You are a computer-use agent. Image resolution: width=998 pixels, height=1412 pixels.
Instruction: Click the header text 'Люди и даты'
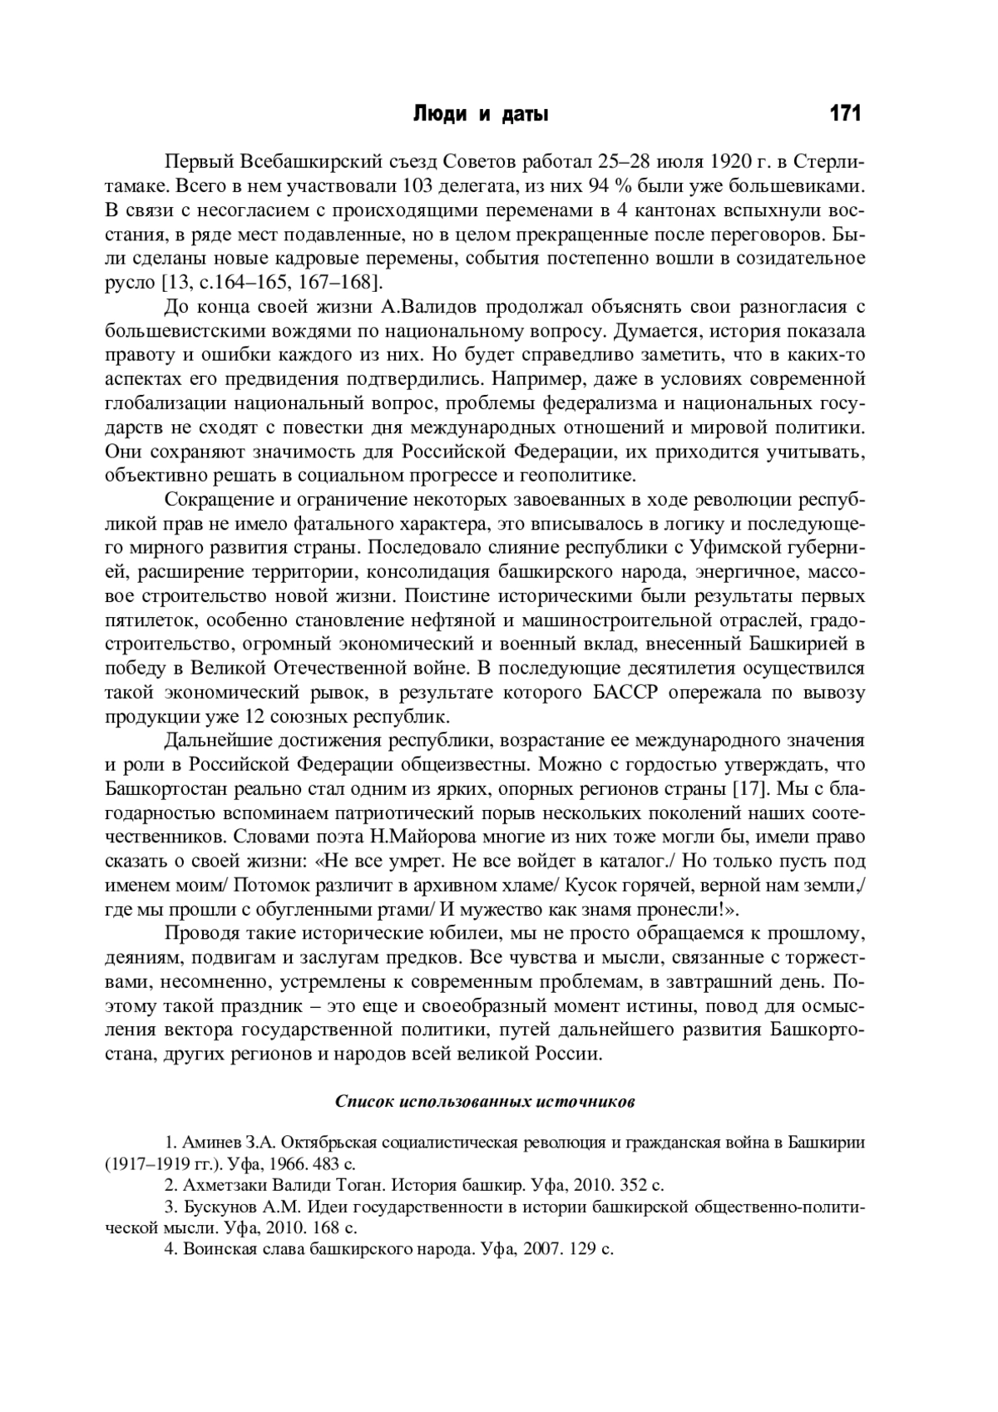[481, 115]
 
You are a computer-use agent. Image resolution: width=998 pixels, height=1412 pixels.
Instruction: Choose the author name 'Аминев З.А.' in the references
[222, 1142]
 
